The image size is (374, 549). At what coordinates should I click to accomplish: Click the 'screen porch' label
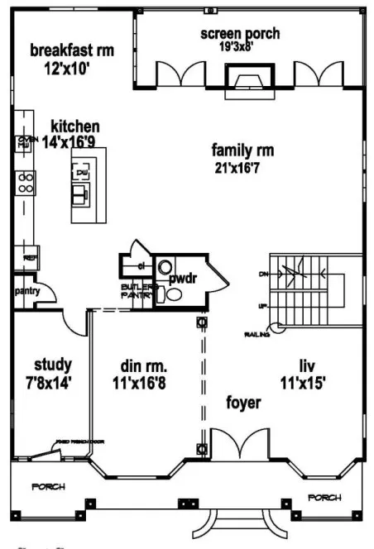(239, 34)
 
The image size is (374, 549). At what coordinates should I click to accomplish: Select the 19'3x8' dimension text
(239, 48)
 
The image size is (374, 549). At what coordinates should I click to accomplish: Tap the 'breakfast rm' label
(72, 50)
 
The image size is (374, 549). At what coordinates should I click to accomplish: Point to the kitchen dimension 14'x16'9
(74, 142)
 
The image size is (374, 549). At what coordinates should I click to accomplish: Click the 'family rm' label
(242, 150)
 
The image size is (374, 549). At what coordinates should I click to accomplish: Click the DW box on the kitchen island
(82, 173)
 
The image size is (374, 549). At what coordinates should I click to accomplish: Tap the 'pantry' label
(22, 291)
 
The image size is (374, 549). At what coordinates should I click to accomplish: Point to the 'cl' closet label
(141, 265)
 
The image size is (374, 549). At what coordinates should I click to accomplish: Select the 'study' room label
(52, 365)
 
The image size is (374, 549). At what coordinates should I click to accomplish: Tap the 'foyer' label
(244, 403)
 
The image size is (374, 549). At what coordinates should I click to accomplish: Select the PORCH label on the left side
(48, 487)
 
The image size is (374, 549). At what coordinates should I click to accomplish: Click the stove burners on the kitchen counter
(26, 182)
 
